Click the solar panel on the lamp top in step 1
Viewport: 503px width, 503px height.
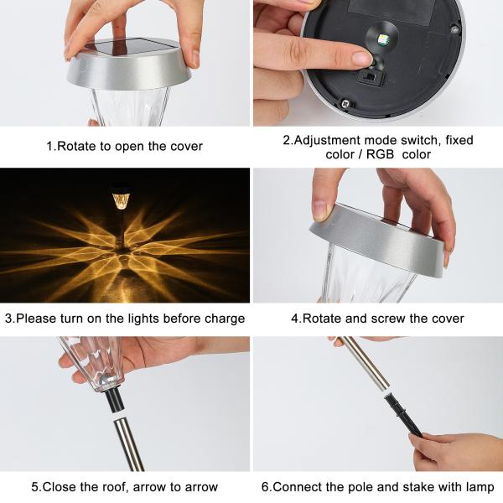pyautogui.click(x=132, y=47)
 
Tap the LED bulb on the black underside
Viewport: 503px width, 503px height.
pyautogui.click(x=382, y=39)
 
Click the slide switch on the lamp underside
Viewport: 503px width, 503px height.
pyautogui.click(x=371, y=78)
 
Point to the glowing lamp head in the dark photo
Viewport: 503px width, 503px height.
pyautogui.click(x=121, y=200)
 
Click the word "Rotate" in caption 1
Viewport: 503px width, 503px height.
pyautogui.click(x=76, y=146)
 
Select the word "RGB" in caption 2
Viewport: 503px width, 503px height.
pyautogui.click(x=380, y=154)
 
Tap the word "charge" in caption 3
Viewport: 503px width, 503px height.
pyautogui.click(x=225, y=319)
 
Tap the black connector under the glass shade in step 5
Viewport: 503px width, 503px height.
pyautogui.click(x=115, y=401)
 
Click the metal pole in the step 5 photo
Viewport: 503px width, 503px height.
pyautogui.click(x=129, y=444)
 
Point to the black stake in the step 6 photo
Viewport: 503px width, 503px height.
pyautogui.click(x=402, y=415)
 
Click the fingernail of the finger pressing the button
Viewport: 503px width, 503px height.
pyautogui.click(x=361, y=59)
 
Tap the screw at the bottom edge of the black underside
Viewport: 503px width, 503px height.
pyautogui.click(x=345, y=104)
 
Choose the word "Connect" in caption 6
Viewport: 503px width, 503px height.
pyautogui.click(x=295, y=486)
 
